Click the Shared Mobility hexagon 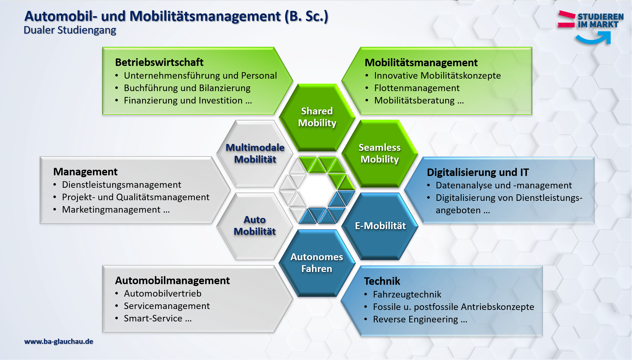tap(317, 117)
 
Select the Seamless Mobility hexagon tap(379, 154)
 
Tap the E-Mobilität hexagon tap(380, 226)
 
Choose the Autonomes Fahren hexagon tap(317, 263)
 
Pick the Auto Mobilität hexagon tap(255, 226)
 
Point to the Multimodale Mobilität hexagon tap(255, 154)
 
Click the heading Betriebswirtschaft tap(159, 62)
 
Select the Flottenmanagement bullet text tap(417, 88)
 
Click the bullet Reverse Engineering tap(420, 319)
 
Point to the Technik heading tap(382, 281)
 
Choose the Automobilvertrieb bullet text tap(163, 293)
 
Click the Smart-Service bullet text tap(158, 318)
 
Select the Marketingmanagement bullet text tap(116, 210)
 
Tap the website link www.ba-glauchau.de tap(59, 341)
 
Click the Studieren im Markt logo tap(590, 27)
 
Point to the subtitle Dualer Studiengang tap(70, 30)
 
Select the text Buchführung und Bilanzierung tap(187, 88)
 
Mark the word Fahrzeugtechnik tap(407, 294)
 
